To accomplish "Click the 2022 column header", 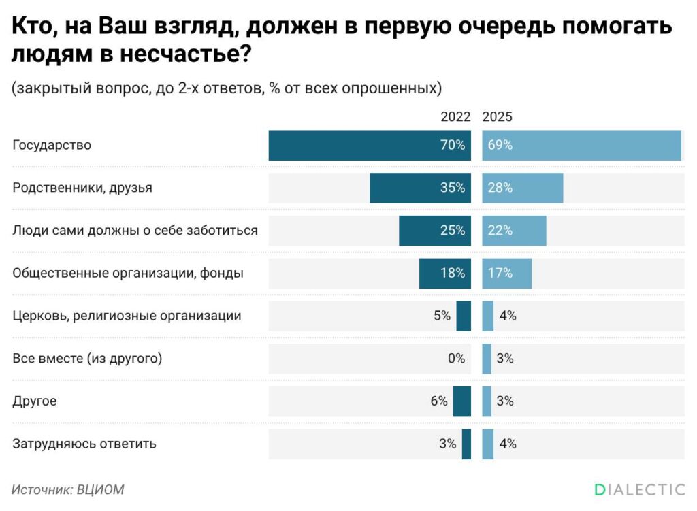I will [x=455, y=117].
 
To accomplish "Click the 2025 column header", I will [x=497, y=117].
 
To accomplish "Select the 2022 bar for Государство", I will [x=370, y=146].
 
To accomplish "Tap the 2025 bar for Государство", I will [x=581, y=146].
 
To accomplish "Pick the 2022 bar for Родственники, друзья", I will [x=420, y=188].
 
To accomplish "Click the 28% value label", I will [x=500, y=188].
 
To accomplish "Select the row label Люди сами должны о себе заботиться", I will [x=135, y=230].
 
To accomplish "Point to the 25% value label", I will [x=453, y=231].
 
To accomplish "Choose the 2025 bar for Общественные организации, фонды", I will [x=507, y=273].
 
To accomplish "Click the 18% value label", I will [x=453, y=273].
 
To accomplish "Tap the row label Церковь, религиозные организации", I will [x=127, y=316].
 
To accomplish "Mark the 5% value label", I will [x=441, y=316].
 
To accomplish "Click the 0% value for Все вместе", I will [x=456, y=359].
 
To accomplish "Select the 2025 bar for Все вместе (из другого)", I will [x=487, y=359].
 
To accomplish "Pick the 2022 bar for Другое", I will [x=462, y=401].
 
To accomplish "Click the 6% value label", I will [x=439, y=401].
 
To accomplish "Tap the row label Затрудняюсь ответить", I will [x=84, y=444].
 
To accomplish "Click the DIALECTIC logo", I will [x=639, y=489].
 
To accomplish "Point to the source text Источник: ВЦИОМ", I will [x=68, y=489].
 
